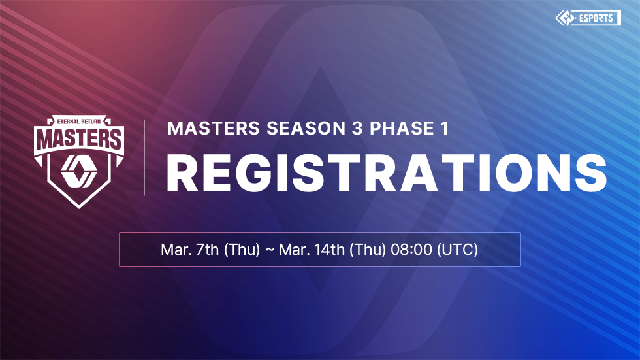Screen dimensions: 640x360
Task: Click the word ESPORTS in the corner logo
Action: point(596,18)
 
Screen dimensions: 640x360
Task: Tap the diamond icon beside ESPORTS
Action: point(565,18)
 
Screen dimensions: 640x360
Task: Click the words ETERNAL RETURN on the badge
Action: point(79,122)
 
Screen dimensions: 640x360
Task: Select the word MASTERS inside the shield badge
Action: point(79,139)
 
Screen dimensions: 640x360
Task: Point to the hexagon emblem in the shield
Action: point(79,171)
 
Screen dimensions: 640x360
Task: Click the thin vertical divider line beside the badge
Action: point(144,157)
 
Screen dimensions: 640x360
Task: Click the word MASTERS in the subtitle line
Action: point(214,128)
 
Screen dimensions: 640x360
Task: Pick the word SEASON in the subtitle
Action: point(306,128)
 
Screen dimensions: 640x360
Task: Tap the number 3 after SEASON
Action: point(357,128)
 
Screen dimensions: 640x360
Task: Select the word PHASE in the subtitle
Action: point(402,128)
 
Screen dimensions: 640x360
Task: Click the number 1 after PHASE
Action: point(445,128)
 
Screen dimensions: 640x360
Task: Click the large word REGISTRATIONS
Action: point(387,173)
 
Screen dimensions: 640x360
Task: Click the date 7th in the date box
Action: point(208,249)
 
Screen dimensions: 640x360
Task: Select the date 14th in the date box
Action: point(329,249)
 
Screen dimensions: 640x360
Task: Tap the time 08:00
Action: point(411,249)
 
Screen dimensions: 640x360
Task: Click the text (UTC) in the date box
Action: point(458,249)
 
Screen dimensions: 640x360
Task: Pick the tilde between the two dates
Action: point(270,250)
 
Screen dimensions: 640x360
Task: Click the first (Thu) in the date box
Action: point(242,249)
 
